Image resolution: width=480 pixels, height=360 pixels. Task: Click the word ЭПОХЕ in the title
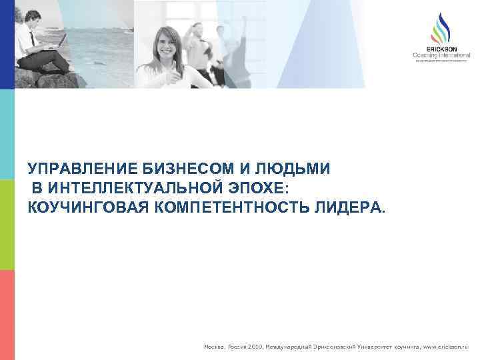point(257,188)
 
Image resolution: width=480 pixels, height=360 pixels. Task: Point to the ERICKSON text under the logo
point(441,50)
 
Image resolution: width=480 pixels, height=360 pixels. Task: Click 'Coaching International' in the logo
point(441,56)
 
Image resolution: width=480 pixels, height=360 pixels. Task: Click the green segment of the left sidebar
point(7,225)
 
